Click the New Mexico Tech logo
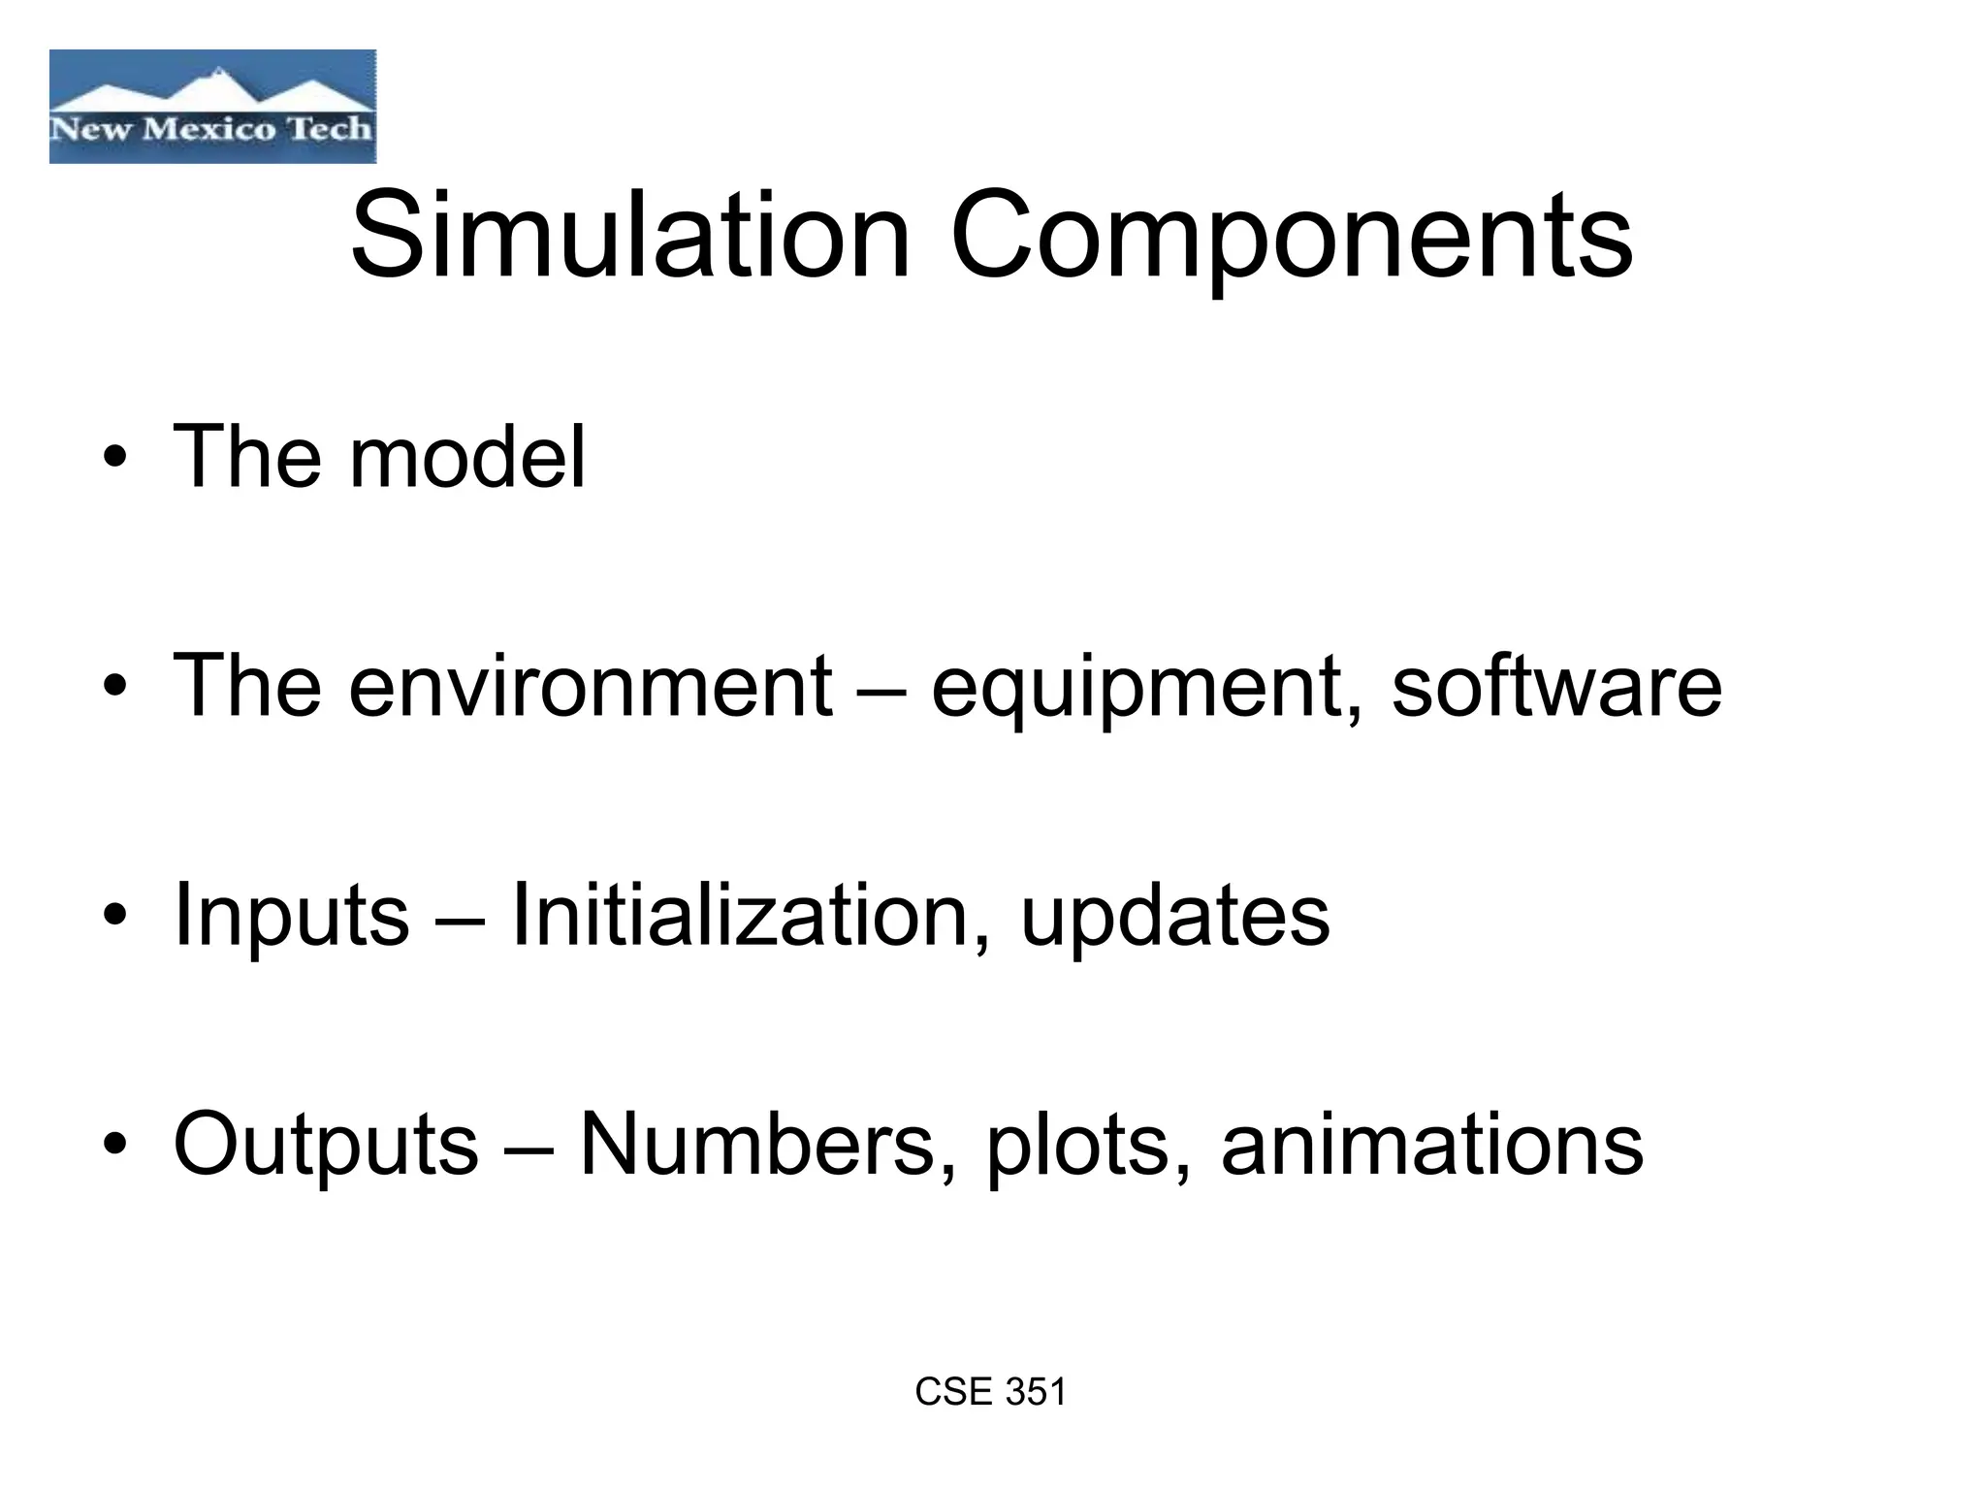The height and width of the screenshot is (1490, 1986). (212, 107)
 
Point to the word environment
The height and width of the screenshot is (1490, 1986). (591, 686)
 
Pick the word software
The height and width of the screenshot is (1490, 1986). (1556, 686)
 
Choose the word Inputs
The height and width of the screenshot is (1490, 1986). (291, 917)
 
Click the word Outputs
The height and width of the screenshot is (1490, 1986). (326, 1146)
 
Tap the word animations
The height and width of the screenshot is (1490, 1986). (1432, 1144)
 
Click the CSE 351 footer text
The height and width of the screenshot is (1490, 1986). (990, 1392)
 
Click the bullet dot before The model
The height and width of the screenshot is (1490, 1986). (115, 460)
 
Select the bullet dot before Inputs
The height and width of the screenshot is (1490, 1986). (115, 918)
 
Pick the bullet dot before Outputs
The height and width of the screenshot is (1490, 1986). (115, 1147)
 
